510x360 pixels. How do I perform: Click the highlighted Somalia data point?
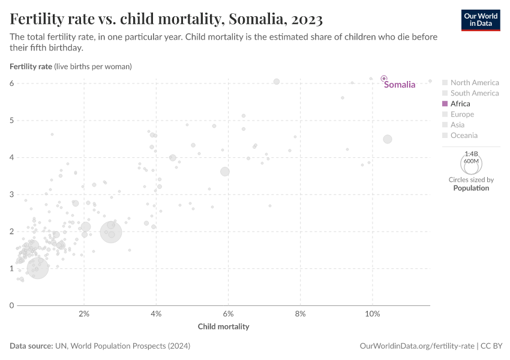tap(384, 79)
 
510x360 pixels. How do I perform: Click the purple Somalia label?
tap(400, 85)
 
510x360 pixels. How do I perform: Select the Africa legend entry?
tap(460, 104)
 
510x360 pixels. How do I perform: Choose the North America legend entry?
tap(474, 83)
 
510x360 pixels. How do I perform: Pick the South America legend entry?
tap(474, 93)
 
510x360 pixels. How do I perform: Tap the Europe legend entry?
tap(462, 114)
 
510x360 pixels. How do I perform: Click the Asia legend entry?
tap(457, 125)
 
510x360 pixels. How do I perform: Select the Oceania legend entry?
tap(464, 136)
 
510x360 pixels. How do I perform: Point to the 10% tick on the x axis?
tap(372, 314)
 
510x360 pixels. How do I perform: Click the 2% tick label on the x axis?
tap(84, 314)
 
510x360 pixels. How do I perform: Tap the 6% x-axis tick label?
tap(228, 314)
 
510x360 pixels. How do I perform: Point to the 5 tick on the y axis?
tap(11, 121)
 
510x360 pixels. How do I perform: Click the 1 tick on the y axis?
tap(11, 268)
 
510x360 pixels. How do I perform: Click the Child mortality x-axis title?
tap(223, 326)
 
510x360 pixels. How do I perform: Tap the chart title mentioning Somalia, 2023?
tap(166, 19)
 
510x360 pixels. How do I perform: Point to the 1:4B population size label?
tap(471, 154)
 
